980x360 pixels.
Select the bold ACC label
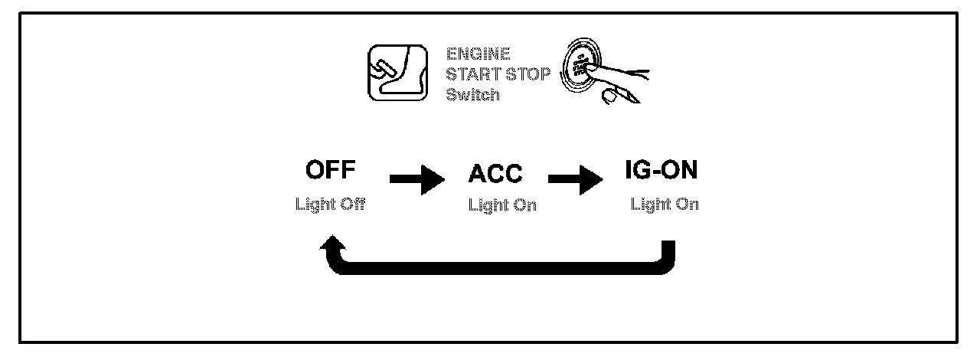pyautogui.click(x=495, y=174)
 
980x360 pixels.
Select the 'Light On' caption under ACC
pyautogui.click(x=502, y=207)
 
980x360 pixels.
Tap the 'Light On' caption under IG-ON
pyautogui.click(x=665, y=205)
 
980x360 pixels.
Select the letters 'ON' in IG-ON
pyautogui.click(x=679, y=171)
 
